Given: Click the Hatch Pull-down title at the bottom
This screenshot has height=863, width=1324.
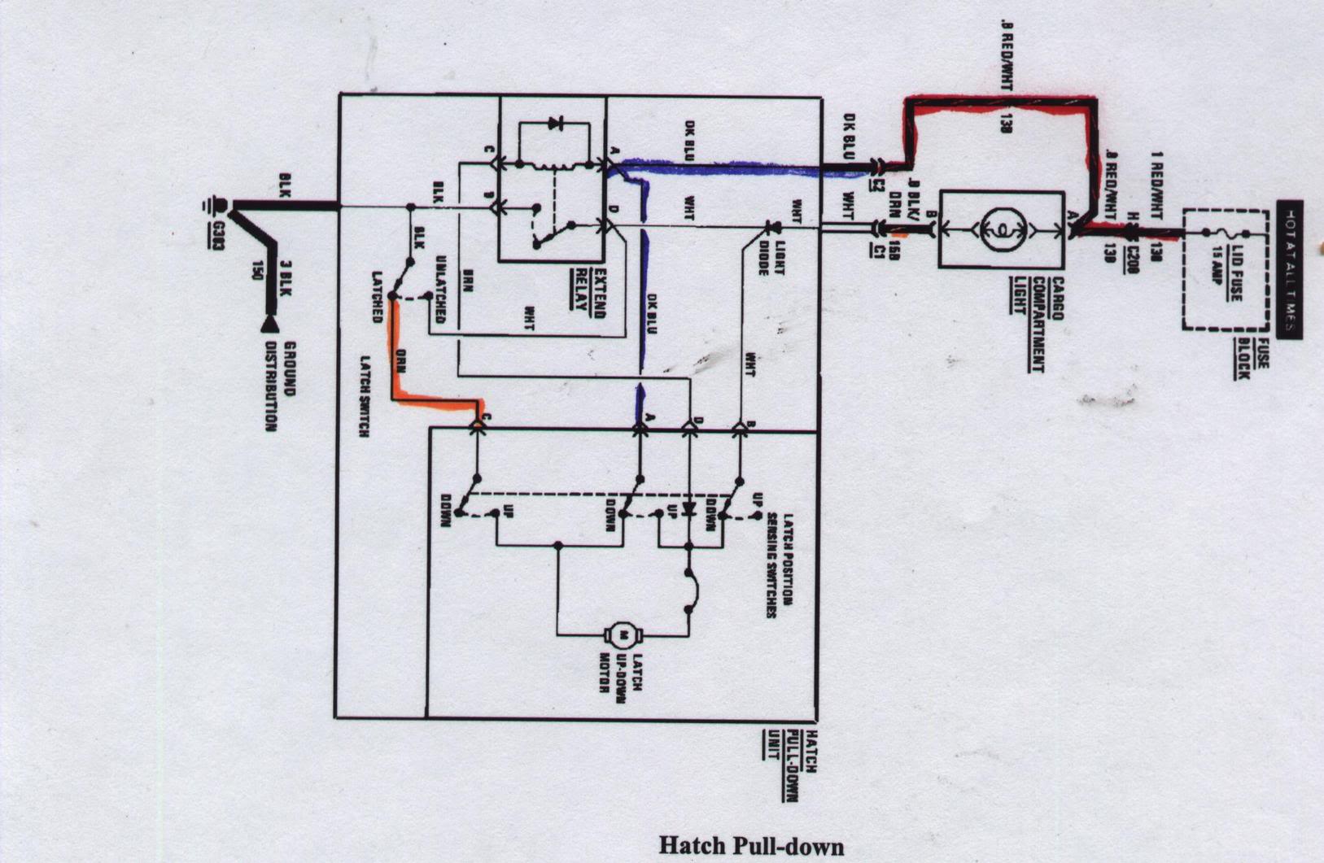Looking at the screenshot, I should (x=750, y=845).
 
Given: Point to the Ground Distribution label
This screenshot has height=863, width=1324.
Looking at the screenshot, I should (x=279, y=386).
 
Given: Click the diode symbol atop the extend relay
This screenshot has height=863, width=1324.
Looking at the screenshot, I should (x=556, y=124).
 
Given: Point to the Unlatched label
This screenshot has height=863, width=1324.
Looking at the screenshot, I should (x=440, y=290).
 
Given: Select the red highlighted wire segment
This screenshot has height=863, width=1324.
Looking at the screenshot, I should (x=1002, y=103).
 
